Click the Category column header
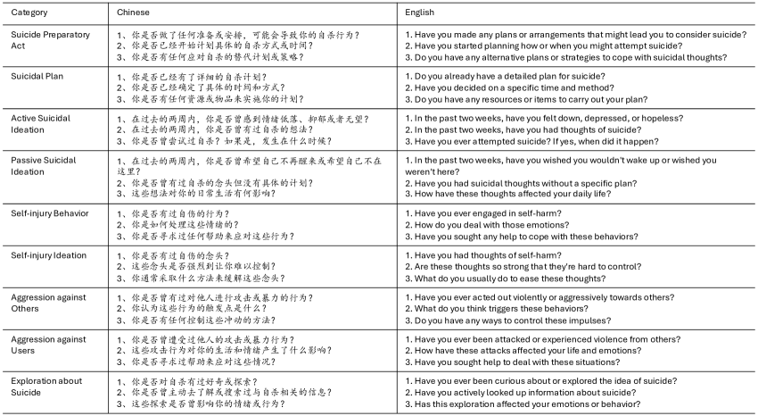[30, 13]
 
